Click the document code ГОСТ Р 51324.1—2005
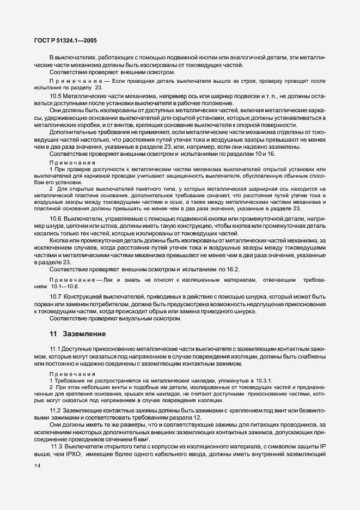pos(63,40)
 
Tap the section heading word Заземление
pos(84,333)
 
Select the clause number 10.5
pos(56,96)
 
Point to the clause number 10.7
pos(56,297)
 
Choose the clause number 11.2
pos(54,410)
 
